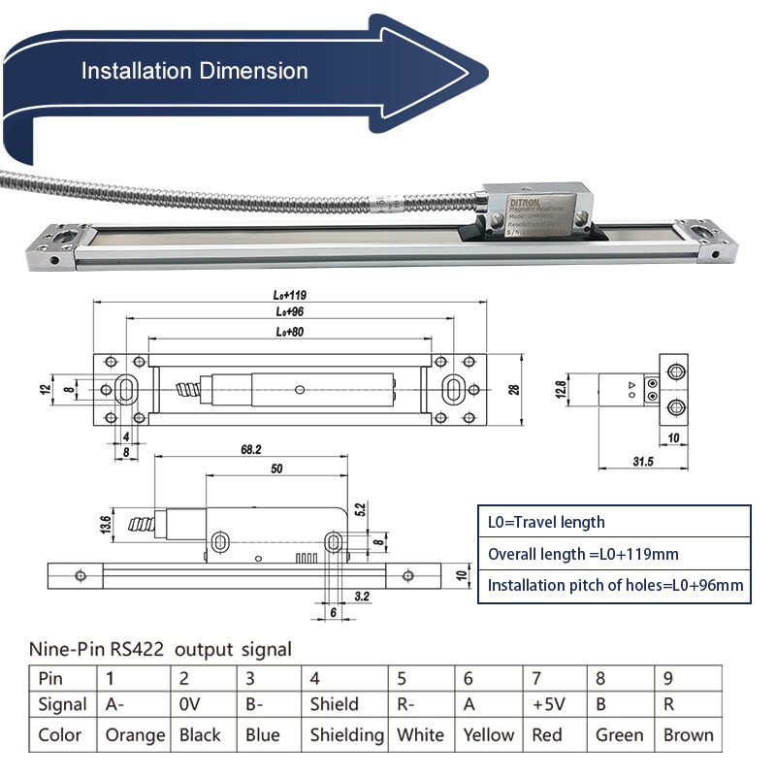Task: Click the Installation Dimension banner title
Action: click(x=194, y=71)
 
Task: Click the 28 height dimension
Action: click(x=514, y=388)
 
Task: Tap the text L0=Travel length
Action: click(x=546, y=522)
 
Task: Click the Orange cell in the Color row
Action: click(x=134, y=734)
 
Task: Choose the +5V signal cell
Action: click(x=550, y=704)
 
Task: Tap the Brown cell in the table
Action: click(x=688, y=734)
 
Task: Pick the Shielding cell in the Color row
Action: click(x=346, y=734)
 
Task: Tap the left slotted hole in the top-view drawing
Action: click(x=126, y=388)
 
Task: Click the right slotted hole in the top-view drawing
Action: click(x=451, y=388)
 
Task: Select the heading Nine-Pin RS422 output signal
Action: click(x=160, y=648)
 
